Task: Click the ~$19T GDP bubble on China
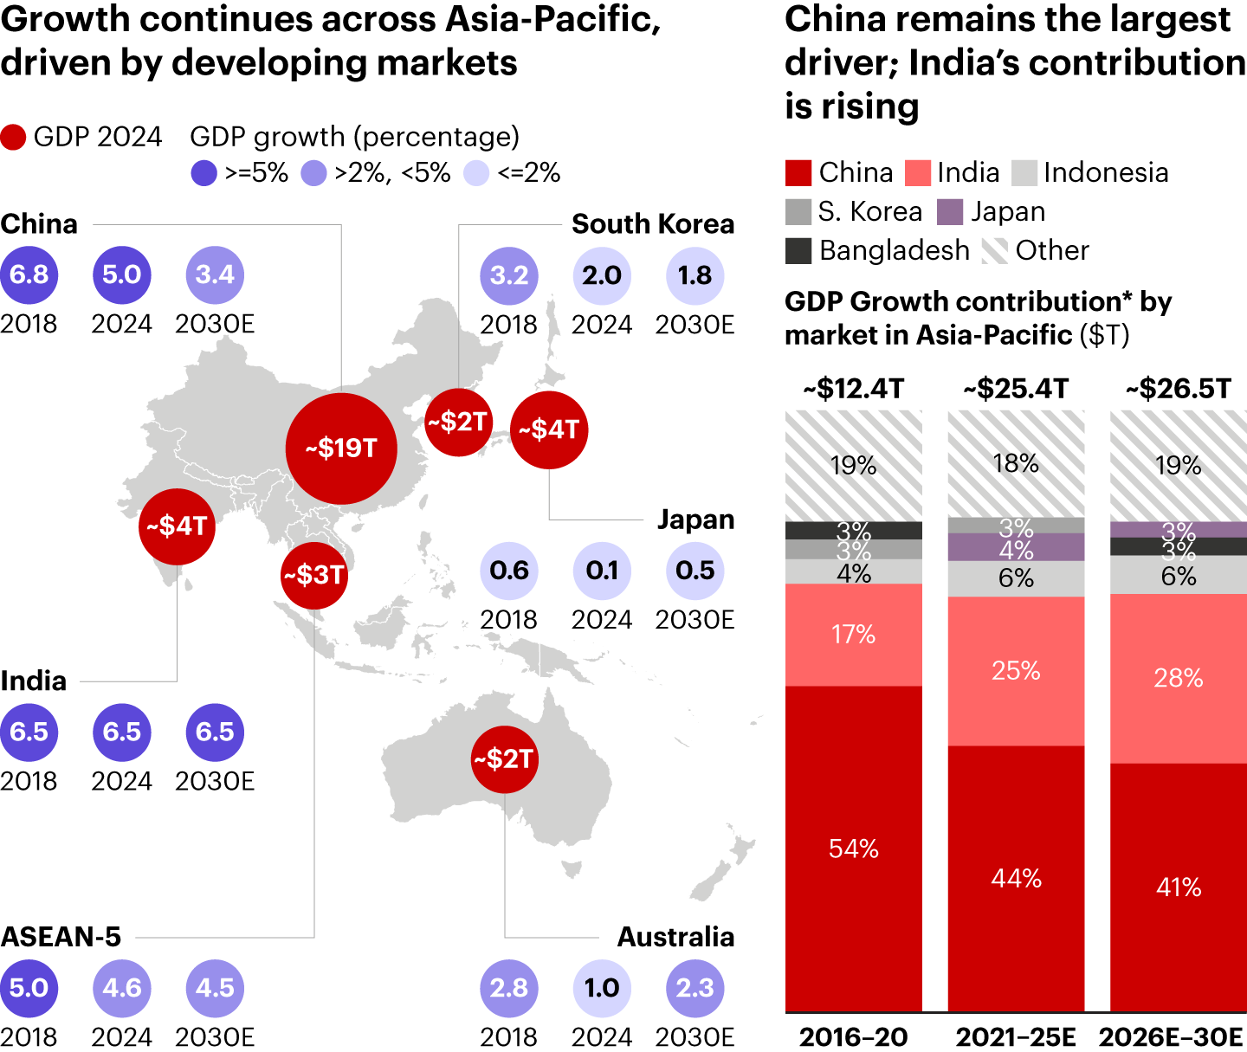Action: (341, 449)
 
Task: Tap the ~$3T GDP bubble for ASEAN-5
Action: (314, 575)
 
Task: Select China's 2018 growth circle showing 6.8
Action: (29, 275)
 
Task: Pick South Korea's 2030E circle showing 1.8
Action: (695, 275)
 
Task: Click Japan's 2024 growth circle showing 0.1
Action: (602, 571)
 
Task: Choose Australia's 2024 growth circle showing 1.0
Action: (602, 988)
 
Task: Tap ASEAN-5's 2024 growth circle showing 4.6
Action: (122, 988)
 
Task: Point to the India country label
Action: (34, 681)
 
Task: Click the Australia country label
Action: (675, 937)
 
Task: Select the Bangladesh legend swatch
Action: (798, 250)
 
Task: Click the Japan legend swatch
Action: (950, 211)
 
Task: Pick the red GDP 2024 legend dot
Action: (13, 137)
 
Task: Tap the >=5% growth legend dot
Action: (204, 173)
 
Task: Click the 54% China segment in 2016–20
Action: (854, 849)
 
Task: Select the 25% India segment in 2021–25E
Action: (1016, 671)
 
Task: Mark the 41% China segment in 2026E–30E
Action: (1178, 887)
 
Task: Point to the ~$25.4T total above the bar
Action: (1016, 389)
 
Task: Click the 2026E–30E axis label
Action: (1171, 1036)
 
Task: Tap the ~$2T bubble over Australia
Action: (504, 759)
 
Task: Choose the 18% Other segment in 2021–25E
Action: (1016, 464)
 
